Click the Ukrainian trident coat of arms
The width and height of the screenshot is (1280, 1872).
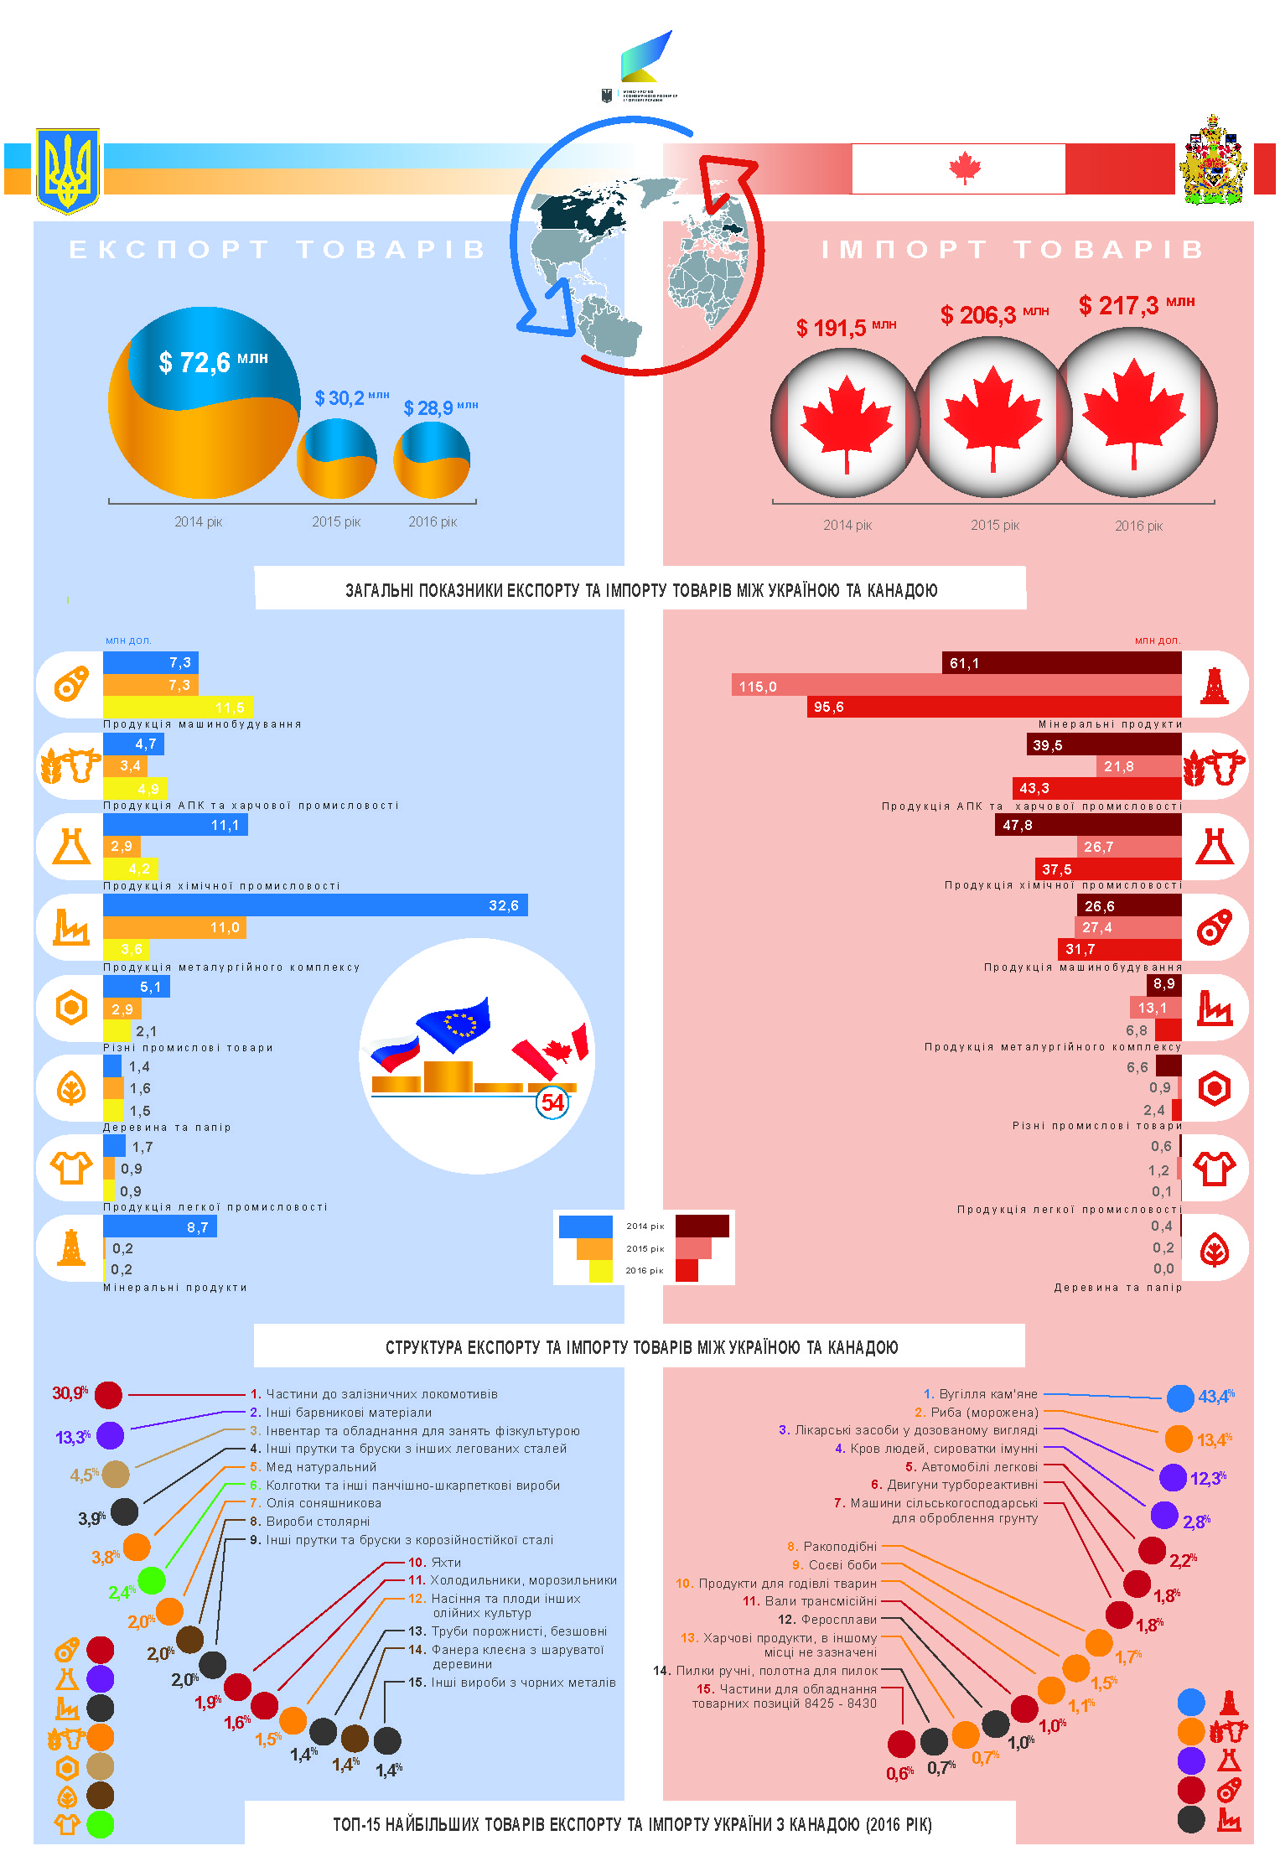(x=67, y=170)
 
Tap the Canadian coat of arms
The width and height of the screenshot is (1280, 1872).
(x=1212, y=162)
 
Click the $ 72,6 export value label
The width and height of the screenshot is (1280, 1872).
(x=213, y=362)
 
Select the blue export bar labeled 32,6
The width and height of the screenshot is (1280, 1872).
(x=315, y=905)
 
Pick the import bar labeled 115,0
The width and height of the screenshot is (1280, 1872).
(x=956, y=686)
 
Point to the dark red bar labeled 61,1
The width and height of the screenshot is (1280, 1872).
(x=1061, y=663)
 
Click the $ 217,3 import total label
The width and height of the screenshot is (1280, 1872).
(x=1135, y=305)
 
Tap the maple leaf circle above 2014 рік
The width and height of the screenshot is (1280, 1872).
(x=846, y=422)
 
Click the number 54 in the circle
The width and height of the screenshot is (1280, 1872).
(x=552, y=1102)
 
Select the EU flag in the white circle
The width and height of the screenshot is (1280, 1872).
(x=454, y=1023)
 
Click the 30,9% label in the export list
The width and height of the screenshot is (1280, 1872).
(x=70, y=1393)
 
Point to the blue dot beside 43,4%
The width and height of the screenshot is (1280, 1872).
(x=1180, y=1398)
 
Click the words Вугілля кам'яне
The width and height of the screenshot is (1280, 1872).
(x=987, y=1394)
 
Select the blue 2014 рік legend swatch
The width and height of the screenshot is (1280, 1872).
(x=585, y=1226)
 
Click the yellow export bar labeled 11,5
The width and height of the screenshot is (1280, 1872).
(x=178, y=708)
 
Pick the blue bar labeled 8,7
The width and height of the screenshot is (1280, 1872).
(x=159, y=1227)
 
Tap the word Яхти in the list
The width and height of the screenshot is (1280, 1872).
(x=446, y=1563)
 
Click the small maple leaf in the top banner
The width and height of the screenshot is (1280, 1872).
(x=965, y=168)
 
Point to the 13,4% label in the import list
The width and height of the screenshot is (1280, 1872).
(x=1214, y=1439)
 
